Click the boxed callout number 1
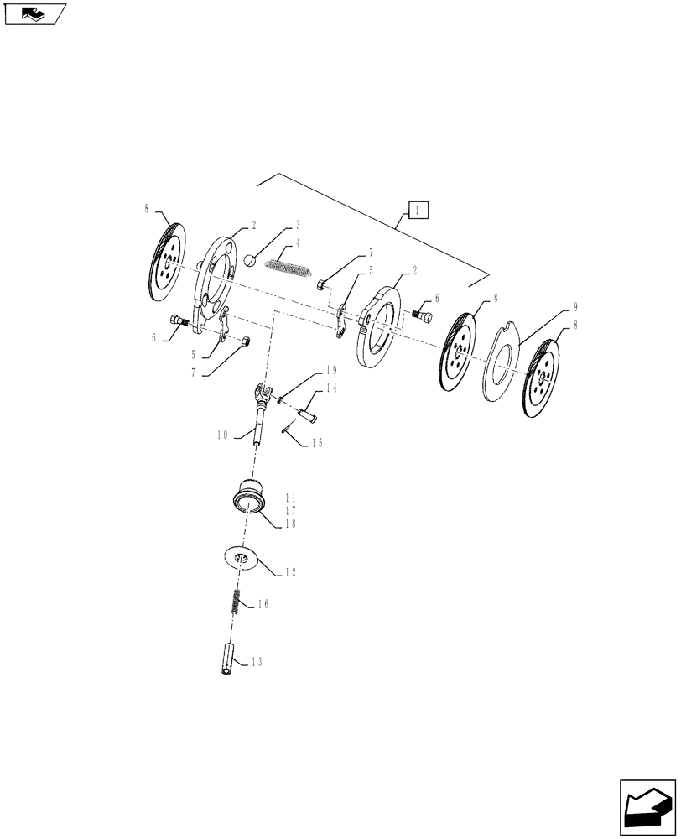click(x=418, y=209)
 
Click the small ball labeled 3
click(x=250, y=261)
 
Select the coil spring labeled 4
click(x=289, y=270)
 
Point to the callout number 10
click(x=223, y=435)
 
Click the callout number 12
click(x=290, y=573)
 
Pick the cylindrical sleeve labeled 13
click(x=227, y=654)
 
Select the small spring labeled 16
click(x=237, y=603)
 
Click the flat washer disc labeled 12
click(x=242, y=558)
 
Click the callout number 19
click(x=330, y=370)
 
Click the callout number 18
click(x=290, y=523)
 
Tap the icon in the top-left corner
click(x=34, y=13)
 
